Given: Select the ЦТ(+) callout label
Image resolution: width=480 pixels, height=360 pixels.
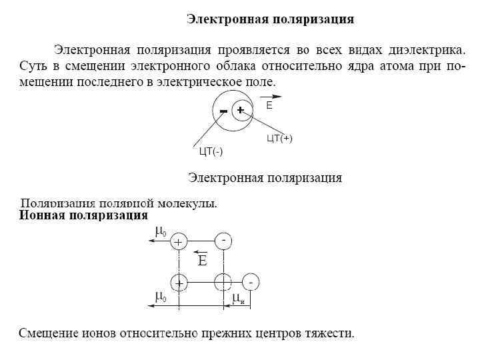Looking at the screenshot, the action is [x=279, y=139].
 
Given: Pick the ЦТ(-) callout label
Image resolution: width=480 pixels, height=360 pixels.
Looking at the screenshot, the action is [x=211, y=151].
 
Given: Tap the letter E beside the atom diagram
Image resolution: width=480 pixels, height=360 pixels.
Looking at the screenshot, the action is [x=269, y=106].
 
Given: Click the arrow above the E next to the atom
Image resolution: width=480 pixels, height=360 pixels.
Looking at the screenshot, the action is [x=271, y=97].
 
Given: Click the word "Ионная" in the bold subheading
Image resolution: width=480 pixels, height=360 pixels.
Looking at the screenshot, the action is [x=43, y=216].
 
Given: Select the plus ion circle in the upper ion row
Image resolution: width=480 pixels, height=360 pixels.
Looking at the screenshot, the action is [x=179, y=242].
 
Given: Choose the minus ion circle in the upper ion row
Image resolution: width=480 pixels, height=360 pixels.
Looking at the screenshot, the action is [x=223, y=241].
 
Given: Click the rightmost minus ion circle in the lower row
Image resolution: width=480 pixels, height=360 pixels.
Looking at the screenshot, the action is [x=251, y=283].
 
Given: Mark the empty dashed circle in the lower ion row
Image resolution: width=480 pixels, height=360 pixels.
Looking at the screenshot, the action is [x=223, y=283].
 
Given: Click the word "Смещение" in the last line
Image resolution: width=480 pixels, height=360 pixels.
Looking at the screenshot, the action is [x=49, y=333].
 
